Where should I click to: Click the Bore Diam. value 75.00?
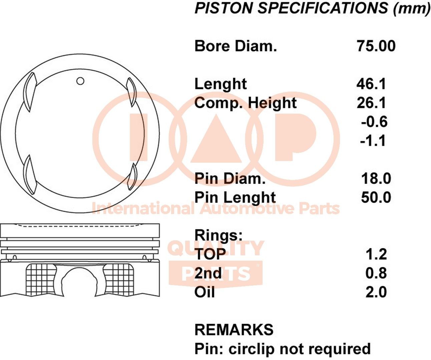376,46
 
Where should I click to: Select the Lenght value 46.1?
371,84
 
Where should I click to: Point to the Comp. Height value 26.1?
371,103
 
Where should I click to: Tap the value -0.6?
374,122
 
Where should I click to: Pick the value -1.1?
373,141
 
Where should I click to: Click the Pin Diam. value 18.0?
376,179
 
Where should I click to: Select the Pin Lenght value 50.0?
376,197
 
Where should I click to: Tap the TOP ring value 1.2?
376,254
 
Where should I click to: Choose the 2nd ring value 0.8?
376,273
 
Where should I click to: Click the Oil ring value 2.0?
376,292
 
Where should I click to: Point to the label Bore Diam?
236,46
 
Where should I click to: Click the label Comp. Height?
245,103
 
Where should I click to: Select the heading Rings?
219,235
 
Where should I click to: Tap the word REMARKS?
234,330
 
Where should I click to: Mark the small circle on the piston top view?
80,81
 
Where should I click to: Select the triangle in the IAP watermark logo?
216,140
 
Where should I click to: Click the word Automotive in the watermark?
248,209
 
